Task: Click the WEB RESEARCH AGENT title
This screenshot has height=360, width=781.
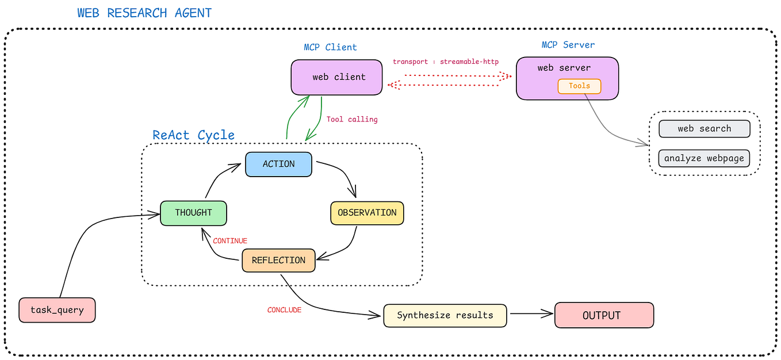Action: pos(144,13)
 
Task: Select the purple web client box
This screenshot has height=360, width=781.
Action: pos(336,77)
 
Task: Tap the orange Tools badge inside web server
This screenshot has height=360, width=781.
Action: pos(579,86)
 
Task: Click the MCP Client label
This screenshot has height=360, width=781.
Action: pos(330,47)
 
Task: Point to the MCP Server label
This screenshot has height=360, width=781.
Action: pos(568,45)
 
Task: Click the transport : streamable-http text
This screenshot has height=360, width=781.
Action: pos(446,62)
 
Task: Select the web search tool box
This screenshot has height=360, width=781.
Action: pos(704,129)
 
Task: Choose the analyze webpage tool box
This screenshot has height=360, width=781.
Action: pos(704,158)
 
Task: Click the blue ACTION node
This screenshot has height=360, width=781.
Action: pos(278,164)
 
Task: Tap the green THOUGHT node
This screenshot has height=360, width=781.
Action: pos(193,213)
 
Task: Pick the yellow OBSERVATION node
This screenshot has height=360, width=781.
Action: pos(367,213)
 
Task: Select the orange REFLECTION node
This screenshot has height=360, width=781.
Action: pos(278,261)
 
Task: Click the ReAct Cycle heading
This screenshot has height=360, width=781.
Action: pos(193,135)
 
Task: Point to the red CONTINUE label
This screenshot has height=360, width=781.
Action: pos(230,241)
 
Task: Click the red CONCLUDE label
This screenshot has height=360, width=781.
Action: pos(284,310)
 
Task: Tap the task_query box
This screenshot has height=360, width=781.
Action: pos(57,310)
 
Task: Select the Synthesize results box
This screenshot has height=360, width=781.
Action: pos(445,316)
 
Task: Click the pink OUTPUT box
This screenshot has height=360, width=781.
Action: pos(604,316)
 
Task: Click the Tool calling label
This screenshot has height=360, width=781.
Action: pos(352,120)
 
